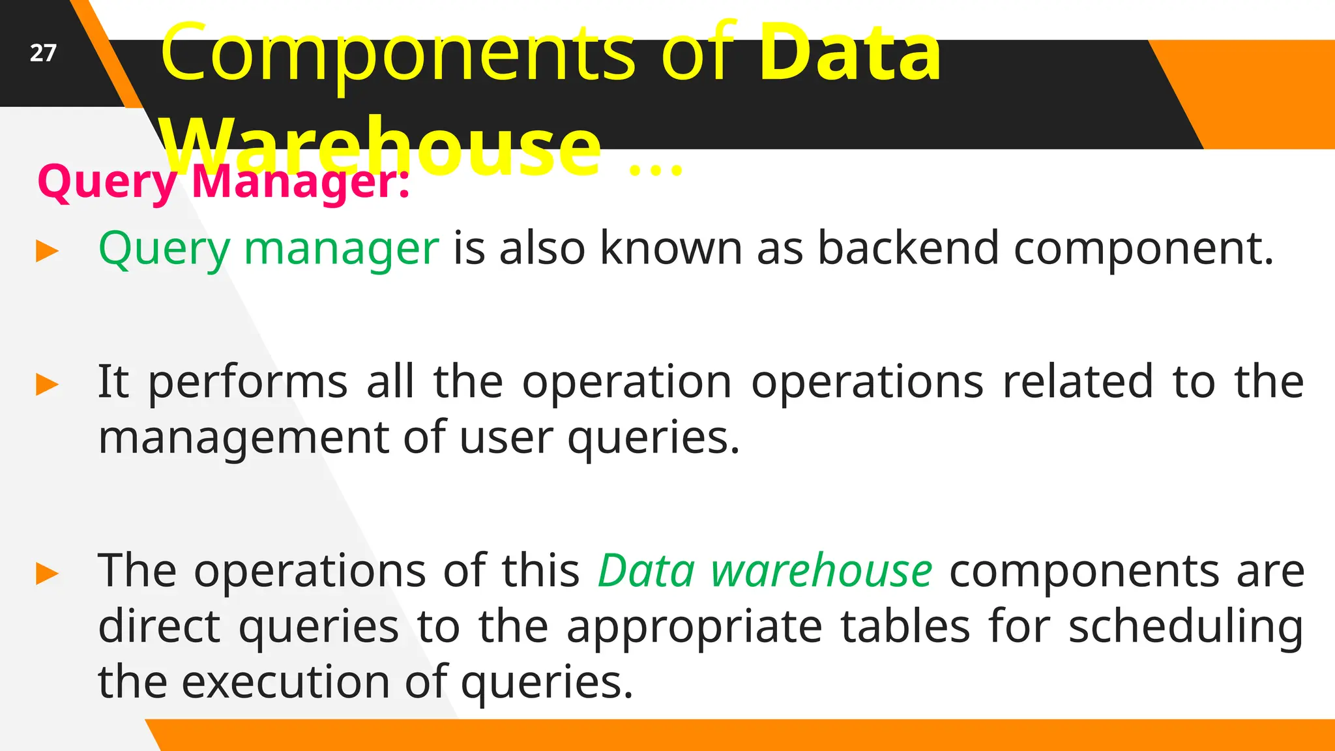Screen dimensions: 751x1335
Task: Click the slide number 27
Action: coord(43,53)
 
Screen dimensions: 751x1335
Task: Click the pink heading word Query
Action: coord(107,183)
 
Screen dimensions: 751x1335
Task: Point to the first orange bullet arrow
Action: coord(48,251)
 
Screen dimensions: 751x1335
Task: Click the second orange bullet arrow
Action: coord(48,384)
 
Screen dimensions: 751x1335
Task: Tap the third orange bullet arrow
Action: coord(48,574)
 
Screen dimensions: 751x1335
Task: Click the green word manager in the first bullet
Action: coord(342,249)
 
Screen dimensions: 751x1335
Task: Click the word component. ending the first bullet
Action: coord(1143,249)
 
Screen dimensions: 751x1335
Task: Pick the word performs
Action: coord(248,382)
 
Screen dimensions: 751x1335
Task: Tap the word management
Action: coord(243,438)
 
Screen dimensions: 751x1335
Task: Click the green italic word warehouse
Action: coord(821,571)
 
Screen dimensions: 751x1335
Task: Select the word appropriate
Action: coord(694,627)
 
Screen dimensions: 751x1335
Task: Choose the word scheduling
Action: coord(1186,627)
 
